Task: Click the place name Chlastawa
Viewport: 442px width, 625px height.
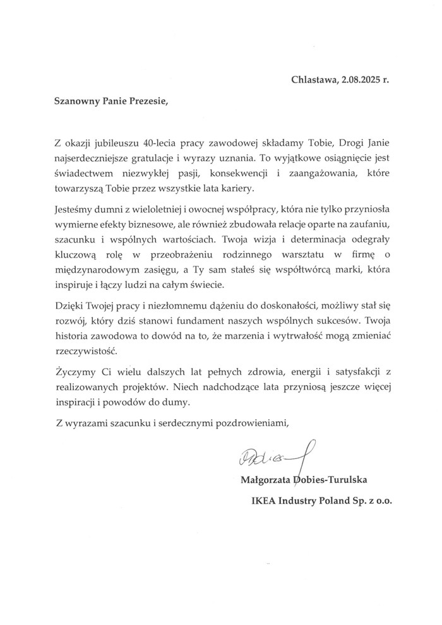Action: click(x=313, y=80)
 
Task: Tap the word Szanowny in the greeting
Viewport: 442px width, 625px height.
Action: click(x=73, y=100)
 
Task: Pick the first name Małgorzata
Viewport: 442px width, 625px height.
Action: click(x=265, y=483)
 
